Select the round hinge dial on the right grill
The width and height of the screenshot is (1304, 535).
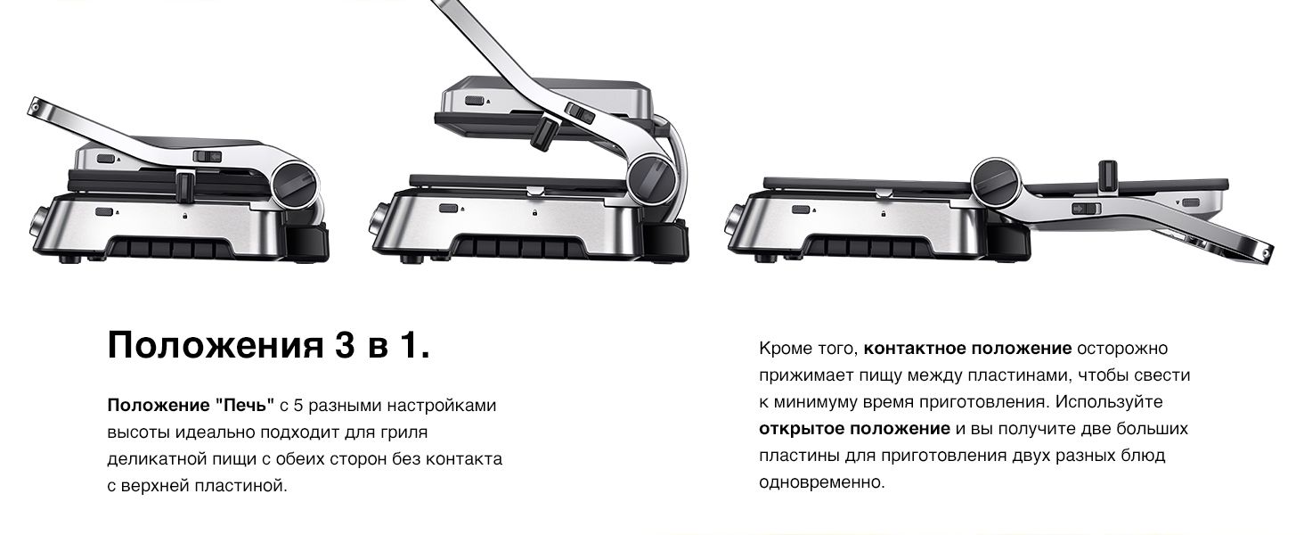(x=997, y=181)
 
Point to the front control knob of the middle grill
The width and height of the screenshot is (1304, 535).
(x=379, y=220)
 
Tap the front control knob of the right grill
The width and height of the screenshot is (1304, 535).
(x=734, y=224)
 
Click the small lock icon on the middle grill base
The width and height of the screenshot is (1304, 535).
(x=534, y=213)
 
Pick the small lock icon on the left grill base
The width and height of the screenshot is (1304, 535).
(x=184, y=216)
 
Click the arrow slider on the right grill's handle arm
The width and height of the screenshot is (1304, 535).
(x=1086, y=209)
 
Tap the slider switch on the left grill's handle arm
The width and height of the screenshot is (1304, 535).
(x=208, y=156)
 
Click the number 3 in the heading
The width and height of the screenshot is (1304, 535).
(x=344, y=344)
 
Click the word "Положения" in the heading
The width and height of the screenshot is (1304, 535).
(x=215, y=345)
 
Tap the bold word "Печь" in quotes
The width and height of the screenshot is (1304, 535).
(x=246, y=405)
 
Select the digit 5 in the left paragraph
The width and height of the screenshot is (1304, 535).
(x=297, y=405)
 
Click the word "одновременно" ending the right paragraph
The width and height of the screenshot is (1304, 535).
(x=821, y=482)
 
